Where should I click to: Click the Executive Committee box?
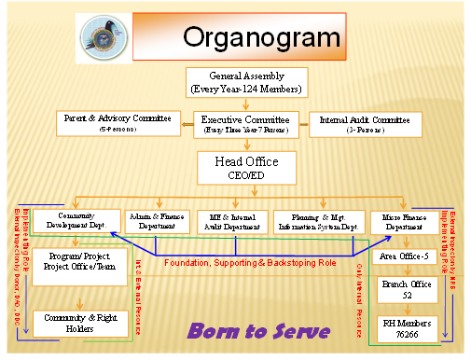247,124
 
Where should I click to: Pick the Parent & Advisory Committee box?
118,122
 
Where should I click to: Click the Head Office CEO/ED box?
246,168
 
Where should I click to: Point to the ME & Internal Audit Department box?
232,221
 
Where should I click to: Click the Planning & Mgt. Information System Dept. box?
318,221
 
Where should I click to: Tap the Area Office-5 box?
403,256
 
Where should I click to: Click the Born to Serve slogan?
258,330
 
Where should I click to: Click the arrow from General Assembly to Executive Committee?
246,104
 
